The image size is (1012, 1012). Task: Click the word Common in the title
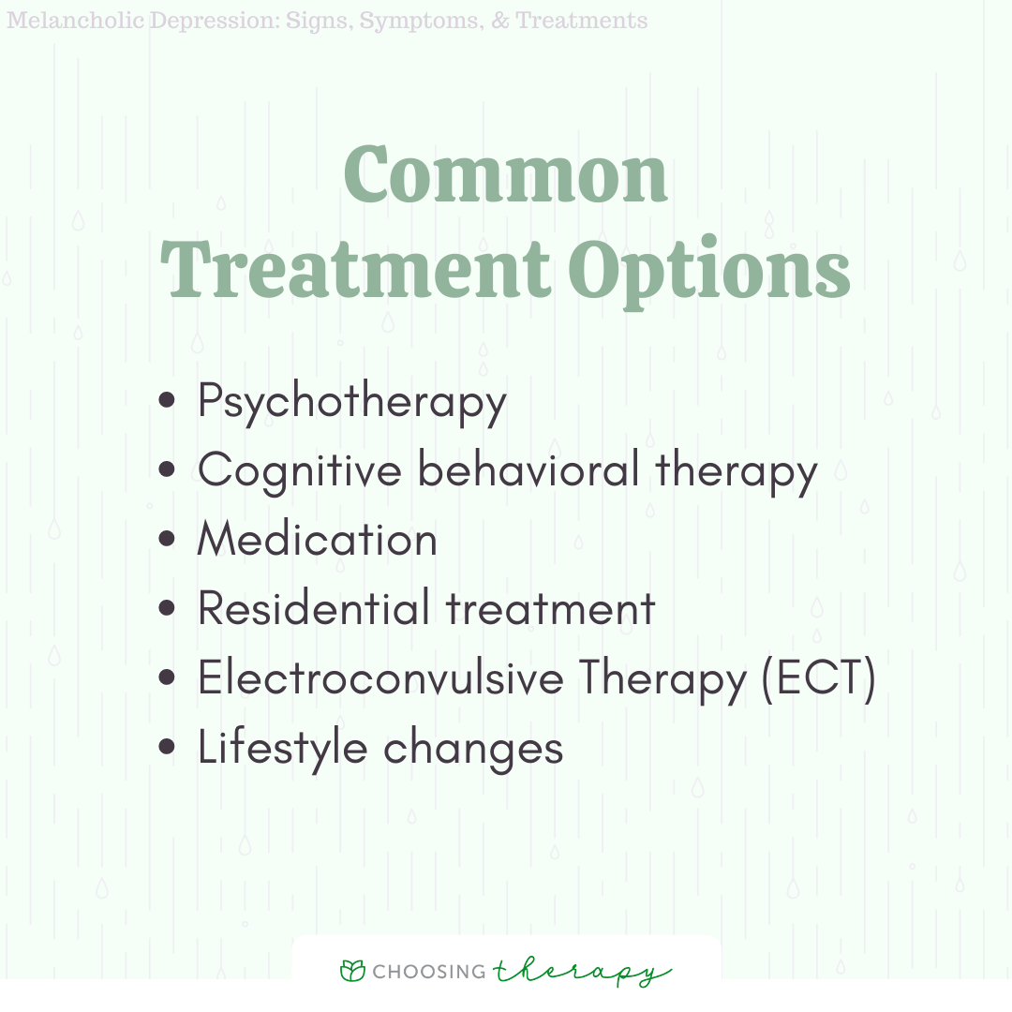click(x=505, y=173)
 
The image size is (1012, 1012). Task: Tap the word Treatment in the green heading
click(x=355, y=269)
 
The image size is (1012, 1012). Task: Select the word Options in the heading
click(x=708, y=273)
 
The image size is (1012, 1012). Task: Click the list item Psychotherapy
click(x=351, y=403)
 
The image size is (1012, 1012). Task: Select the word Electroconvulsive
click(x=380, y=677)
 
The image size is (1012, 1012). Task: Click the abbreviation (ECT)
click(x=818, y=678)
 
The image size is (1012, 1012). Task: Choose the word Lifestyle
click(x=283, y=749)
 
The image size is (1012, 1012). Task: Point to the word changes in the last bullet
click(x=473, y=749)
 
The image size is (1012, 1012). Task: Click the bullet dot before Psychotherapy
click(x=167, y=400)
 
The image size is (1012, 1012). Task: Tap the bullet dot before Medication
click(x=167, y=538)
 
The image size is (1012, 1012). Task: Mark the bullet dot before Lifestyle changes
click(x=167, y=747)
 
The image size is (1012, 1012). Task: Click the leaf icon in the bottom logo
click(x=352, y=971)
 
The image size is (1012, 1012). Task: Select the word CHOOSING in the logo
click(x=429, y=972)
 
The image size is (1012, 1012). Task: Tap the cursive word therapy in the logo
click(x=582, y=972)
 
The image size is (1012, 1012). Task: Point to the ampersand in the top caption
click(x=499, y=21)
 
